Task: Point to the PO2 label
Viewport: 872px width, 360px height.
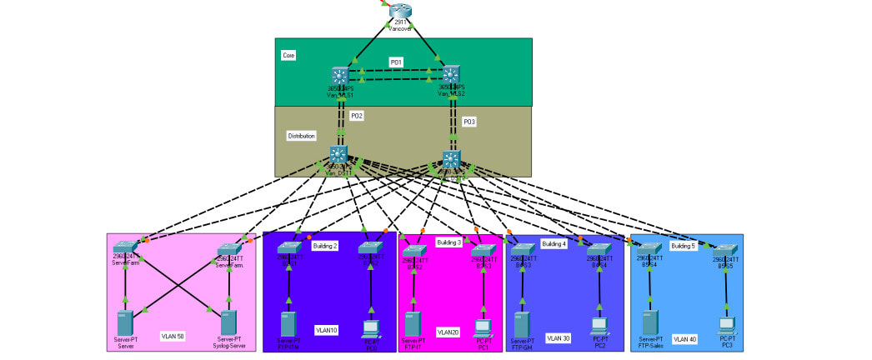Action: click(356, 116)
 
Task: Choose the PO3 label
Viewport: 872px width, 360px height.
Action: click(469, 122)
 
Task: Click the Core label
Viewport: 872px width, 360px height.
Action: click(288, 55)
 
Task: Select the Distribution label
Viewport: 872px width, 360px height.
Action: click(302, 135)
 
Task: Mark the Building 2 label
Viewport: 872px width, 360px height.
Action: click(324, 246)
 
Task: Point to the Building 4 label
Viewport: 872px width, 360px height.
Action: click(554, 244)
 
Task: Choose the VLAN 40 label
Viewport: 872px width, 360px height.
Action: click(684, 338)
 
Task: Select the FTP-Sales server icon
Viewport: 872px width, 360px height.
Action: click(649, 322)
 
